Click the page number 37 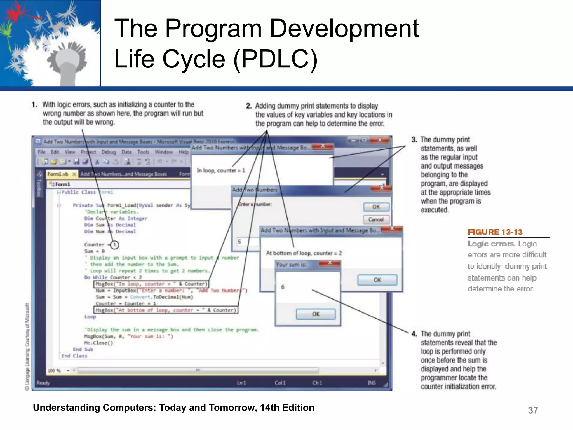[533, 410]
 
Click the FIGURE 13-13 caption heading [495, 232]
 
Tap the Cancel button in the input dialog [376, 219]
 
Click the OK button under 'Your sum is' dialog [316, 314]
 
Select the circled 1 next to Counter [114, 245]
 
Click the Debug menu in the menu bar [109, 152]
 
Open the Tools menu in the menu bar [143, 152]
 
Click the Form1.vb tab [58, 174]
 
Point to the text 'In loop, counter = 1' [221, 170]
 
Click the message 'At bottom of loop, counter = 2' [304, 253]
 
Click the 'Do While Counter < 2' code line [113, 277]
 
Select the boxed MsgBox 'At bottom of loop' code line [166, 310]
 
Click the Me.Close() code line [98, 343]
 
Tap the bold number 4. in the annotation [414, 334]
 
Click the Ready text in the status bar [43, 383]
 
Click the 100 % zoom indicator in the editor [54, 371]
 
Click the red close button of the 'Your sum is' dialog [330, 263]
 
